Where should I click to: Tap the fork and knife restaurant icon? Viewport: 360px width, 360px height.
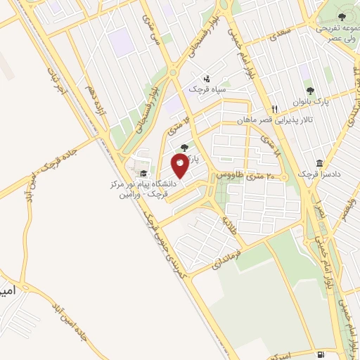click(275, 110)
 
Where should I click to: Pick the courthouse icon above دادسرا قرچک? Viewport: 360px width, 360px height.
click(320, 163)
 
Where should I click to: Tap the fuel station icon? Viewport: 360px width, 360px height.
click(321, 354)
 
